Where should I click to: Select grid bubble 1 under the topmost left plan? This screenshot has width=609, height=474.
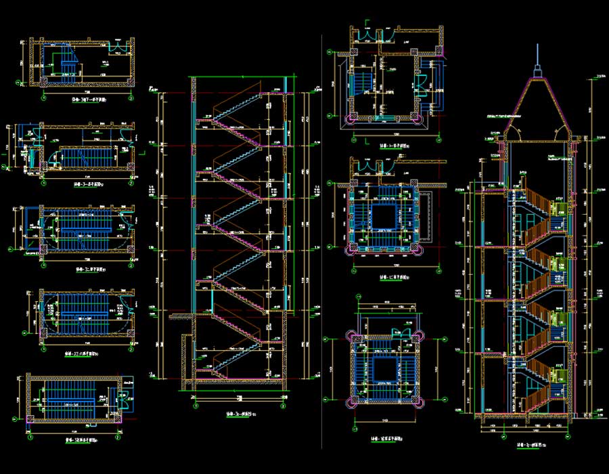point(44,96)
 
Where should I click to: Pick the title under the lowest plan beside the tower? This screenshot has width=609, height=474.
point(386,439)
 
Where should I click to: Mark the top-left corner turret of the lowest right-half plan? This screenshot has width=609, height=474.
point(350,337)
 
